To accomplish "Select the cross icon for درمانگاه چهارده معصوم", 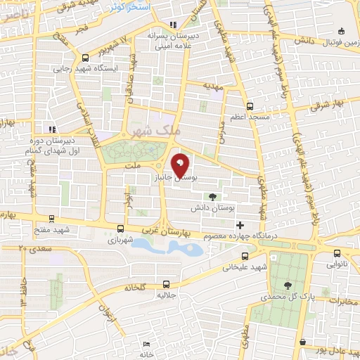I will click(x=241, y=225).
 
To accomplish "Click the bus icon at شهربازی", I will click(x=120, y=229).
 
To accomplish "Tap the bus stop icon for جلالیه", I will click(x=166, y=284).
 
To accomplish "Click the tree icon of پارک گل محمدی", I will click(x=288, y=285).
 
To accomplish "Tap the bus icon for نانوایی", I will click(x=336, y=254).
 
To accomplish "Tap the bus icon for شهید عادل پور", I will click(x=302, y=342).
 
